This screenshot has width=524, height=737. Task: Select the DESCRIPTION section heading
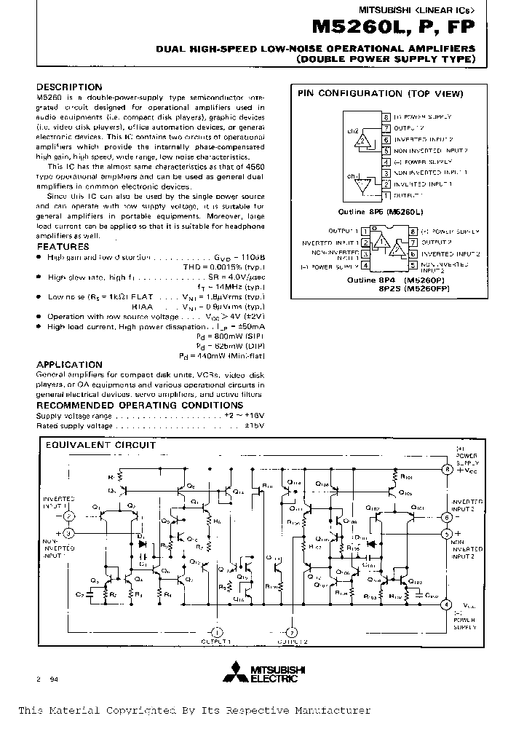tap(69, 87)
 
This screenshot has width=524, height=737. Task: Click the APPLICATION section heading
tap(69, 364)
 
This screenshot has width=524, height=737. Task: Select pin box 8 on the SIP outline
tap(386, 117)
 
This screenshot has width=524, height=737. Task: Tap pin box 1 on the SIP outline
tap(386, 196)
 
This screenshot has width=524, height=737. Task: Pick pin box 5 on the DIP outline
tap(413, 266)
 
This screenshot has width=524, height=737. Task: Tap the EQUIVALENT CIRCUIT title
tap(101, 444)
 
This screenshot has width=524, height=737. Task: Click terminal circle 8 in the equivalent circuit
tap(447, 470)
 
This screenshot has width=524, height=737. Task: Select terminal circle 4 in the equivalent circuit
tap(447, 604)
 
